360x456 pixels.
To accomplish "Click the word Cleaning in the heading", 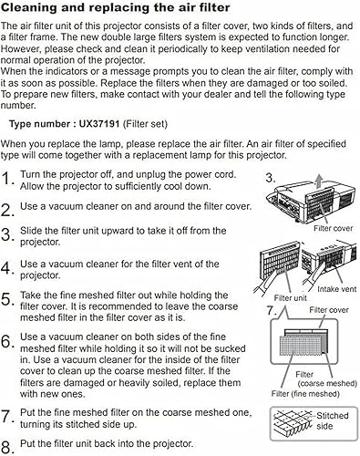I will (x=36, y=8).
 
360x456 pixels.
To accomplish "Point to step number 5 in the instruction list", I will (x=8, y=300).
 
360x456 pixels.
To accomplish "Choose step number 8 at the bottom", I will (x=8, y=446).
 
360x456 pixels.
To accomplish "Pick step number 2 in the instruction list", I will (x=8, y=208).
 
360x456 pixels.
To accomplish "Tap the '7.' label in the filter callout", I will (x=272, y=311).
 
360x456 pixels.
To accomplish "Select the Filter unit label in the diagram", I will (x=288, y=298).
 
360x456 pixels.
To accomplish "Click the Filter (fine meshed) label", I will (x=304, y=393).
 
